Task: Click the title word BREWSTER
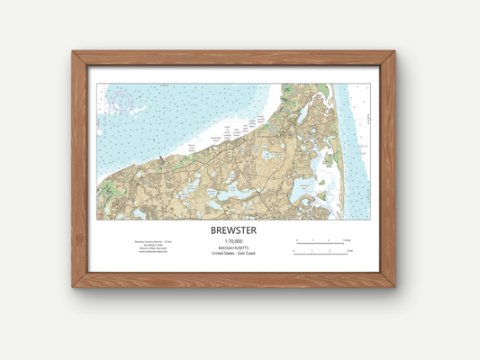coord(233,230)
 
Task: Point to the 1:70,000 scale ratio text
coord(233,241)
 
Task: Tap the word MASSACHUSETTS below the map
coord(233,247)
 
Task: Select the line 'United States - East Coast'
coord(233,253)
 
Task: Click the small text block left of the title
coord(149,248)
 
